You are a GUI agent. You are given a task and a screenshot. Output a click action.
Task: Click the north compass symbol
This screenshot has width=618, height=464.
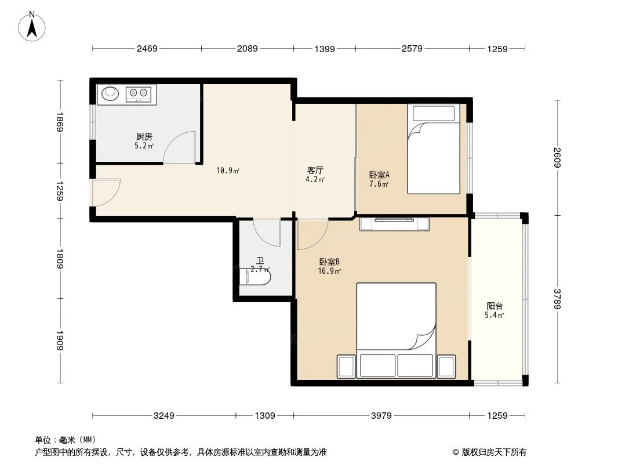tap(32, 26)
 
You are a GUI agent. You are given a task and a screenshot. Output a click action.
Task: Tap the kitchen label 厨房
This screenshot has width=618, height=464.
tap(144, 137)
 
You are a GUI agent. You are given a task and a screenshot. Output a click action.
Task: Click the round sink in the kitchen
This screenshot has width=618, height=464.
tap(110, 93)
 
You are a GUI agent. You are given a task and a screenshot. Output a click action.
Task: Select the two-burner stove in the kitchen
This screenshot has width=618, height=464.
tap(139, 93)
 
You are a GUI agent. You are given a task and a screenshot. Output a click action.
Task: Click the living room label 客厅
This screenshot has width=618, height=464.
tap(315, 171)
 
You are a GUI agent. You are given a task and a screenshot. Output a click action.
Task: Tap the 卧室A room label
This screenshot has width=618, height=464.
tap(379, 175)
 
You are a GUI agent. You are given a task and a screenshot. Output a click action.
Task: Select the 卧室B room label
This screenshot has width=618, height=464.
tap(329, 262)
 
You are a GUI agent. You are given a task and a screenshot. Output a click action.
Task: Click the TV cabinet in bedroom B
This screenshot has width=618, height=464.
tap(394, 223)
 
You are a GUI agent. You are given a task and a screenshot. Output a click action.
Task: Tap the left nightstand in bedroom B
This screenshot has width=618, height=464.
tap(346, 367)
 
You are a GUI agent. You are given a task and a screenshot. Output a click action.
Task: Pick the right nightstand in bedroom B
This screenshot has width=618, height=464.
tap(447, 367)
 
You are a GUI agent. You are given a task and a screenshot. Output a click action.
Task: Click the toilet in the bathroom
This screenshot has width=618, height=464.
tap(255, 276)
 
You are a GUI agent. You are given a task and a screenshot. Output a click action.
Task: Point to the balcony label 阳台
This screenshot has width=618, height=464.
tap(494, 306)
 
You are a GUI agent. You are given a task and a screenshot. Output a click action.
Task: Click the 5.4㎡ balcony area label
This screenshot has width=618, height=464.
tap(494, 316)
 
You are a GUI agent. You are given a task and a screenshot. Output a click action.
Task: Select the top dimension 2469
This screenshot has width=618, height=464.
tap(147, 49)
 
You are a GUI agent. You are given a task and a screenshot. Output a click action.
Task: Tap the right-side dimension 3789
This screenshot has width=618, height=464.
tap(557, 299)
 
